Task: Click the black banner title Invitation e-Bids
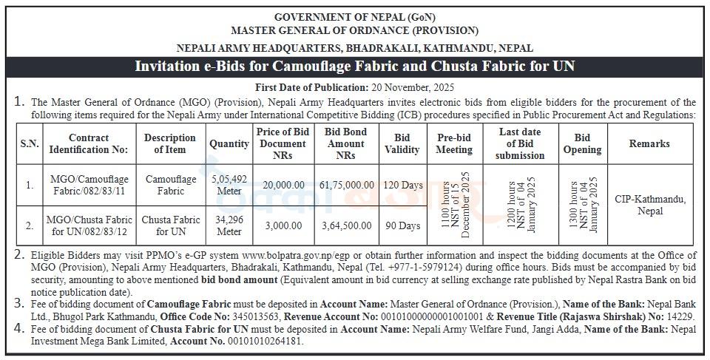(x=354, y=66)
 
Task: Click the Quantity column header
(x=229, y=144)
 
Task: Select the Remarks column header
(x=649, y=143)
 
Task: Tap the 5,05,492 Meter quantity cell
(x=229, y=186)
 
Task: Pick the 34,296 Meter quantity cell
(x=229, y=225)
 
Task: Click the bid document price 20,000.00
(x=283, y=186)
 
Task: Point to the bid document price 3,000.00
(x=283, y=225)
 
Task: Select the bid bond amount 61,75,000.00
(x=346, y=186)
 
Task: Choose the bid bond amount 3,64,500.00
(x=346, y=225)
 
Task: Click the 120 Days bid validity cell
(x=403, y=186)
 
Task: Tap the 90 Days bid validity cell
(x=403, y=225)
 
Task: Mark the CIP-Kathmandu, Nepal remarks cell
(x=650, y=205)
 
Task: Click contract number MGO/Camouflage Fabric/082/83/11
(x=89, y=186)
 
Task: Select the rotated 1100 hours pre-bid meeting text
(x=455, y=205)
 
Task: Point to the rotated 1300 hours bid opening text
(x=584, y=205)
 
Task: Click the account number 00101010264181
(x=265, y=341)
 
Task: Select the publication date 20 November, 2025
(x=412, y=87)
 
